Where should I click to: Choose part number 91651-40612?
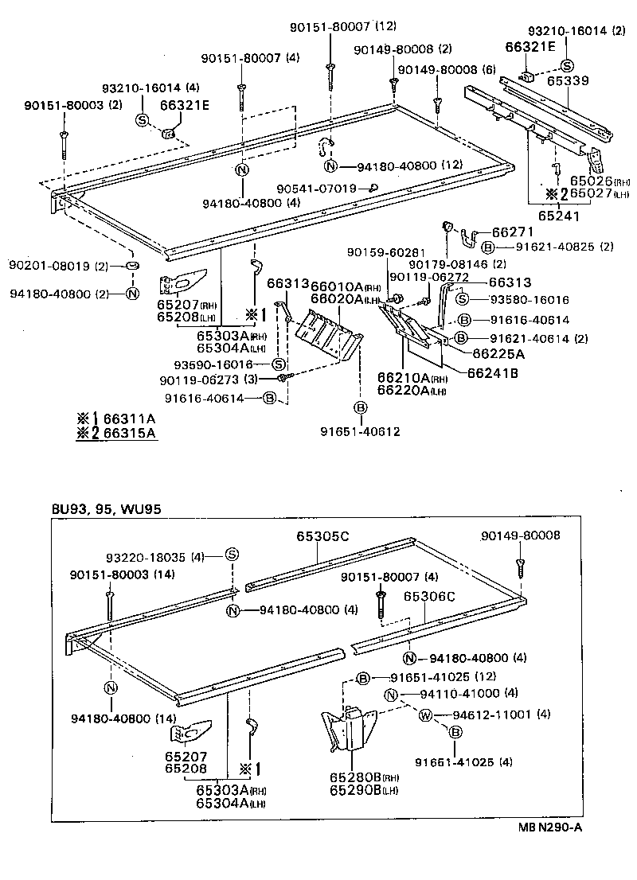(x=360, y=432)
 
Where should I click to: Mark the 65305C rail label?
(x=322, y=535)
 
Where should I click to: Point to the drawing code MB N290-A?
(x=549, y=827)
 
